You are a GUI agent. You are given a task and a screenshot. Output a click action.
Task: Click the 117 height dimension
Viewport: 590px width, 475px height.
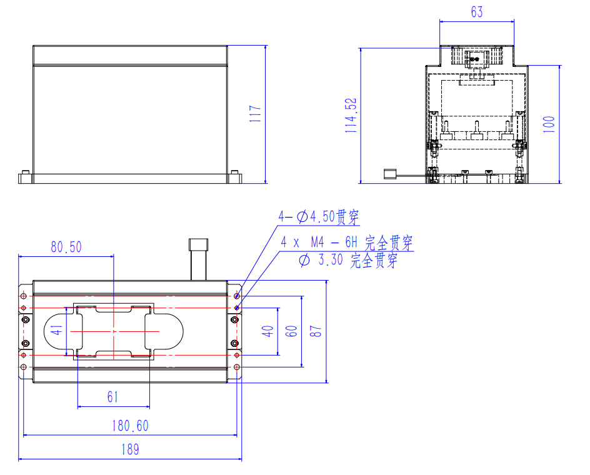point(255,113)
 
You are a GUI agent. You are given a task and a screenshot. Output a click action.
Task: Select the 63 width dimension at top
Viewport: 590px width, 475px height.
point(477,12)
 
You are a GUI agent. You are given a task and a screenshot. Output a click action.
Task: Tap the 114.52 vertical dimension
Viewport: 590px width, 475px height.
point(351,116)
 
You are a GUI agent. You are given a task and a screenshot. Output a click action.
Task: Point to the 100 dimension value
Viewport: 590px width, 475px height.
point(549,124)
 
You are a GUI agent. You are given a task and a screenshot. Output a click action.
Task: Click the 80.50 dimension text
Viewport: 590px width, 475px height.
point(66,247)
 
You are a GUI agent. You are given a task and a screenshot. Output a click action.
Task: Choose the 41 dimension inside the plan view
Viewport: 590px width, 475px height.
point(57,331)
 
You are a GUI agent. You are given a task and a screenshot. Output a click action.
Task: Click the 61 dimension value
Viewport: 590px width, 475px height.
point(112,397)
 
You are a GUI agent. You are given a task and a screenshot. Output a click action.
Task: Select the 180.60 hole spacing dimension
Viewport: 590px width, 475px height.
point(130,426)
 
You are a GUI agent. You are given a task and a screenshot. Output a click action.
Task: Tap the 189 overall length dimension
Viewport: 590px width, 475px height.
point(130,449)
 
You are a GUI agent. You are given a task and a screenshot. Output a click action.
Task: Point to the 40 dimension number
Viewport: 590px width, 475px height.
point(267,331)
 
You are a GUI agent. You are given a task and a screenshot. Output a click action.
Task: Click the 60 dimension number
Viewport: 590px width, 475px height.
point(291,331)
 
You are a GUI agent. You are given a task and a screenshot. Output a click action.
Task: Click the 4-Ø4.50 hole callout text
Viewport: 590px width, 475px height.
point(319,217)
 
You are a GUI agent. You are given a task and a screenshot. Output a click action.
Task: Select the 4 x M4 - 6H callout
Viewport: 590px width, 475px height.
point(347,242)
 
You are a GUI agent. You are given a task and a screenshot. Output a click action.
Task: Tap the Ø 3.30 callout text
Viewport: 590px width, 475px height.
point(348,260)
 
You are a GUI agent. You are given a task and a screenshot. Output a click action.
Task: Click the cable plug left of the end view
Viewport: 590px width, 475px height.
point(389,174)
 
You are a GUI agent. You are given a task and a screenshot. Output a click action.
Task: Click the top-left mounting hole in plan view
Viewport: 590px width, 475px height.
point(24,296)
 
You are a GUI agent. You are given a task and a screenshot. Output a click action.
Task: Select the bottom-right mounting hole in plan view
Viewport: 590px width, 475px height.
point(237,367)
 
